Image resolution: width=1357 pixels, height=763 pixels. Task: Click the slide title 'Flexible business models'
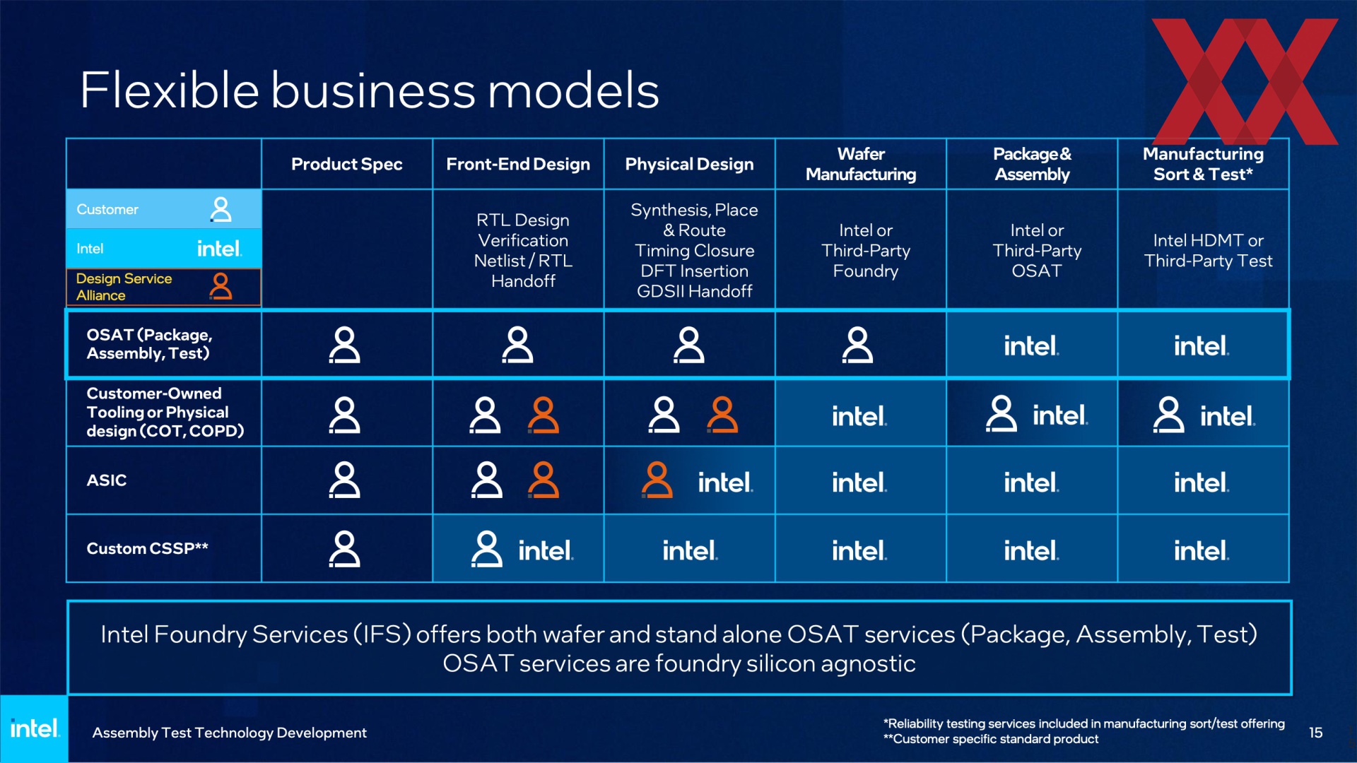tap(370, 90)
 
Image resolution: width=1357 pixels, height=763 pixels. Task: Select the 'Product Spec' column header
tap(346, 164)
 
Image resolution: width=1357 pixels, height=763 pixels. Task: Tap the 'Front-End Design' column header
tap(518, 164)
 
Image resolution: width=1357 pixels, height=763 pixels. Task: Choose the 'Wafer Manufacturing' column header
tap(861, 164)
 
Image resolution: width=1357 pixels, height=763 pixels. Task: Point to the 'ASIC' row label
tap(107, 480)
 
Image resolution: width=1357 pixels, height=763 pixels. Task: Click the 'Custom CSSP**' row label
tap(147, 548)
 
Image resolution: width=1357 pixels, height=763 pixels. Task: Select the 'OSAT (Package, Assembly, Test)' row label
tap(149, 344)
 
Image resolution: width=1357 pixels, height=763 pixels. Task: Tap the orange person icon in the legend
tap(221, 286)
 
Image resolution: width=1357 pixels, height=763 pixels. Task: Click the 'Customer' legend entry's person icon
tap(221, 209)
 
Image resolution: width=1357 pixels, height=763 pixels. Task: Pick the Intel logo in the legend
tap(219, 249)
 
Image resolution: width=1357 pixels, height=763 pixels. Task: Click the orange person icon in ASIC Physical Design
tap(657, 480)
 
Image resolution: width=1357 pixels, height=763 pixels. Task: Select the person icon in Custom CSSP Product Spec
tap(344, 549)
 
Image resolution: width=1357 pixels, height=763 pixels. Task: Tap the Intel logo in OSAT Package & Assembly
tap(1031, 345)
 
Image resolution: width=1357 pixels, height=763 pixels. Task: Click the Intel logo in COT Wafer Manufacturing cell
tap(859, 415)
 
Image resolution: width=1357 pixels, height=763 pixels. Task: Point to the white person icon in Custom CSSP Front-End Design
tap(486, 549)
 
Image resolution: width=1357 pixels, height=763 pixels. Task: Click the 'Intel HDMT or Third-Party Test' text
tap(1208, 251)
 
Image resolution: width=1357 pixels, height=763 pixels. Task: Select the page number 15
tap(1315, 733)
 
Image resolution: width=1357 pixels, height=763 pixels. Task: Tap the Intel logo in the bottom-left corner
tap(34, 728)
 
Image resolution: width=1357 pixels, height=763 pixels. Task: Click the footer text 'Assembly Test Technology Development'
tap(229, 733)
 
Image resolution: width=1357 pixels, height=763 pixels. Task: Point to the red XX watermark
tap(1245, 81)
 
